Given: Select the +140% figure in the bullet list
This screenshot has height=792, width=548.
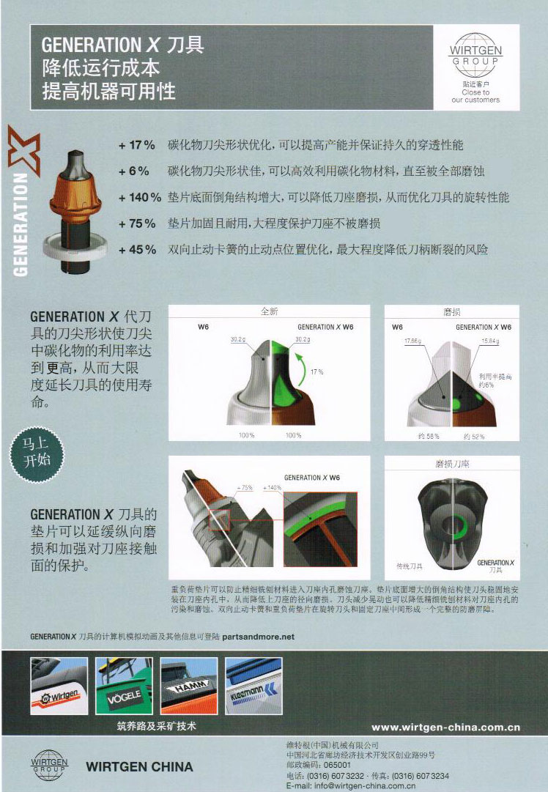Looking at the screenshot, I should point(139,197).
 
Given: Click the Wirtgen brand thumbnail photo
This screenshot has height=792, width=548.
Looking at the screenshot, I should point(58,686).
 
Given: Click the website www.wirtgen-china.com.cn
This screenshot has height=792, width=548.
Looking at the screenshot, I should point(445,728).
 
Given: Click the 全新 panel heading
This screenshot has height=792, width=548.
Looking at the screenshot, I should point(269,311).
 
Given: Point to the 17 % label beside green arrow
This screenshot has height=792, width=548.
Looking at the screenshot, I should point(316,371).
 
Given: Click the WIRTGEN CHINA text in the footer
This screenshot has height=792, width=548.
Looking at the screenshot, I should point(139,767).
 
